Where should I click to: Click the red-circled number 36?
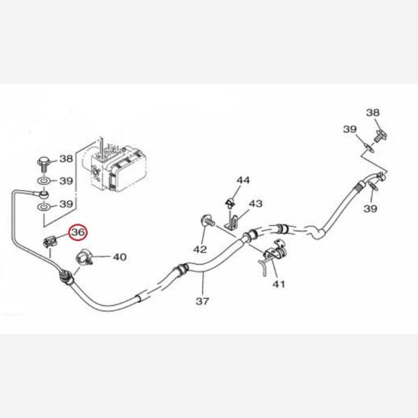point(78,231)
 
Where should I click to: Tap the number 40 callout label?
point(119,257)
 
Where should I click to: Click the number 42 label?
point(200,249)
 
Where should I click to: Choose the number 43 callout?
point(256,203)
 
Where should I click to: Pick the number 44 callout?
point(242,180)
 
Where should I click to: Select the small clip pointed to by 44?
point(229,203)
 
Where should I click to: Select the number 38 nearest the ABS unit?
point(65,160)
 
